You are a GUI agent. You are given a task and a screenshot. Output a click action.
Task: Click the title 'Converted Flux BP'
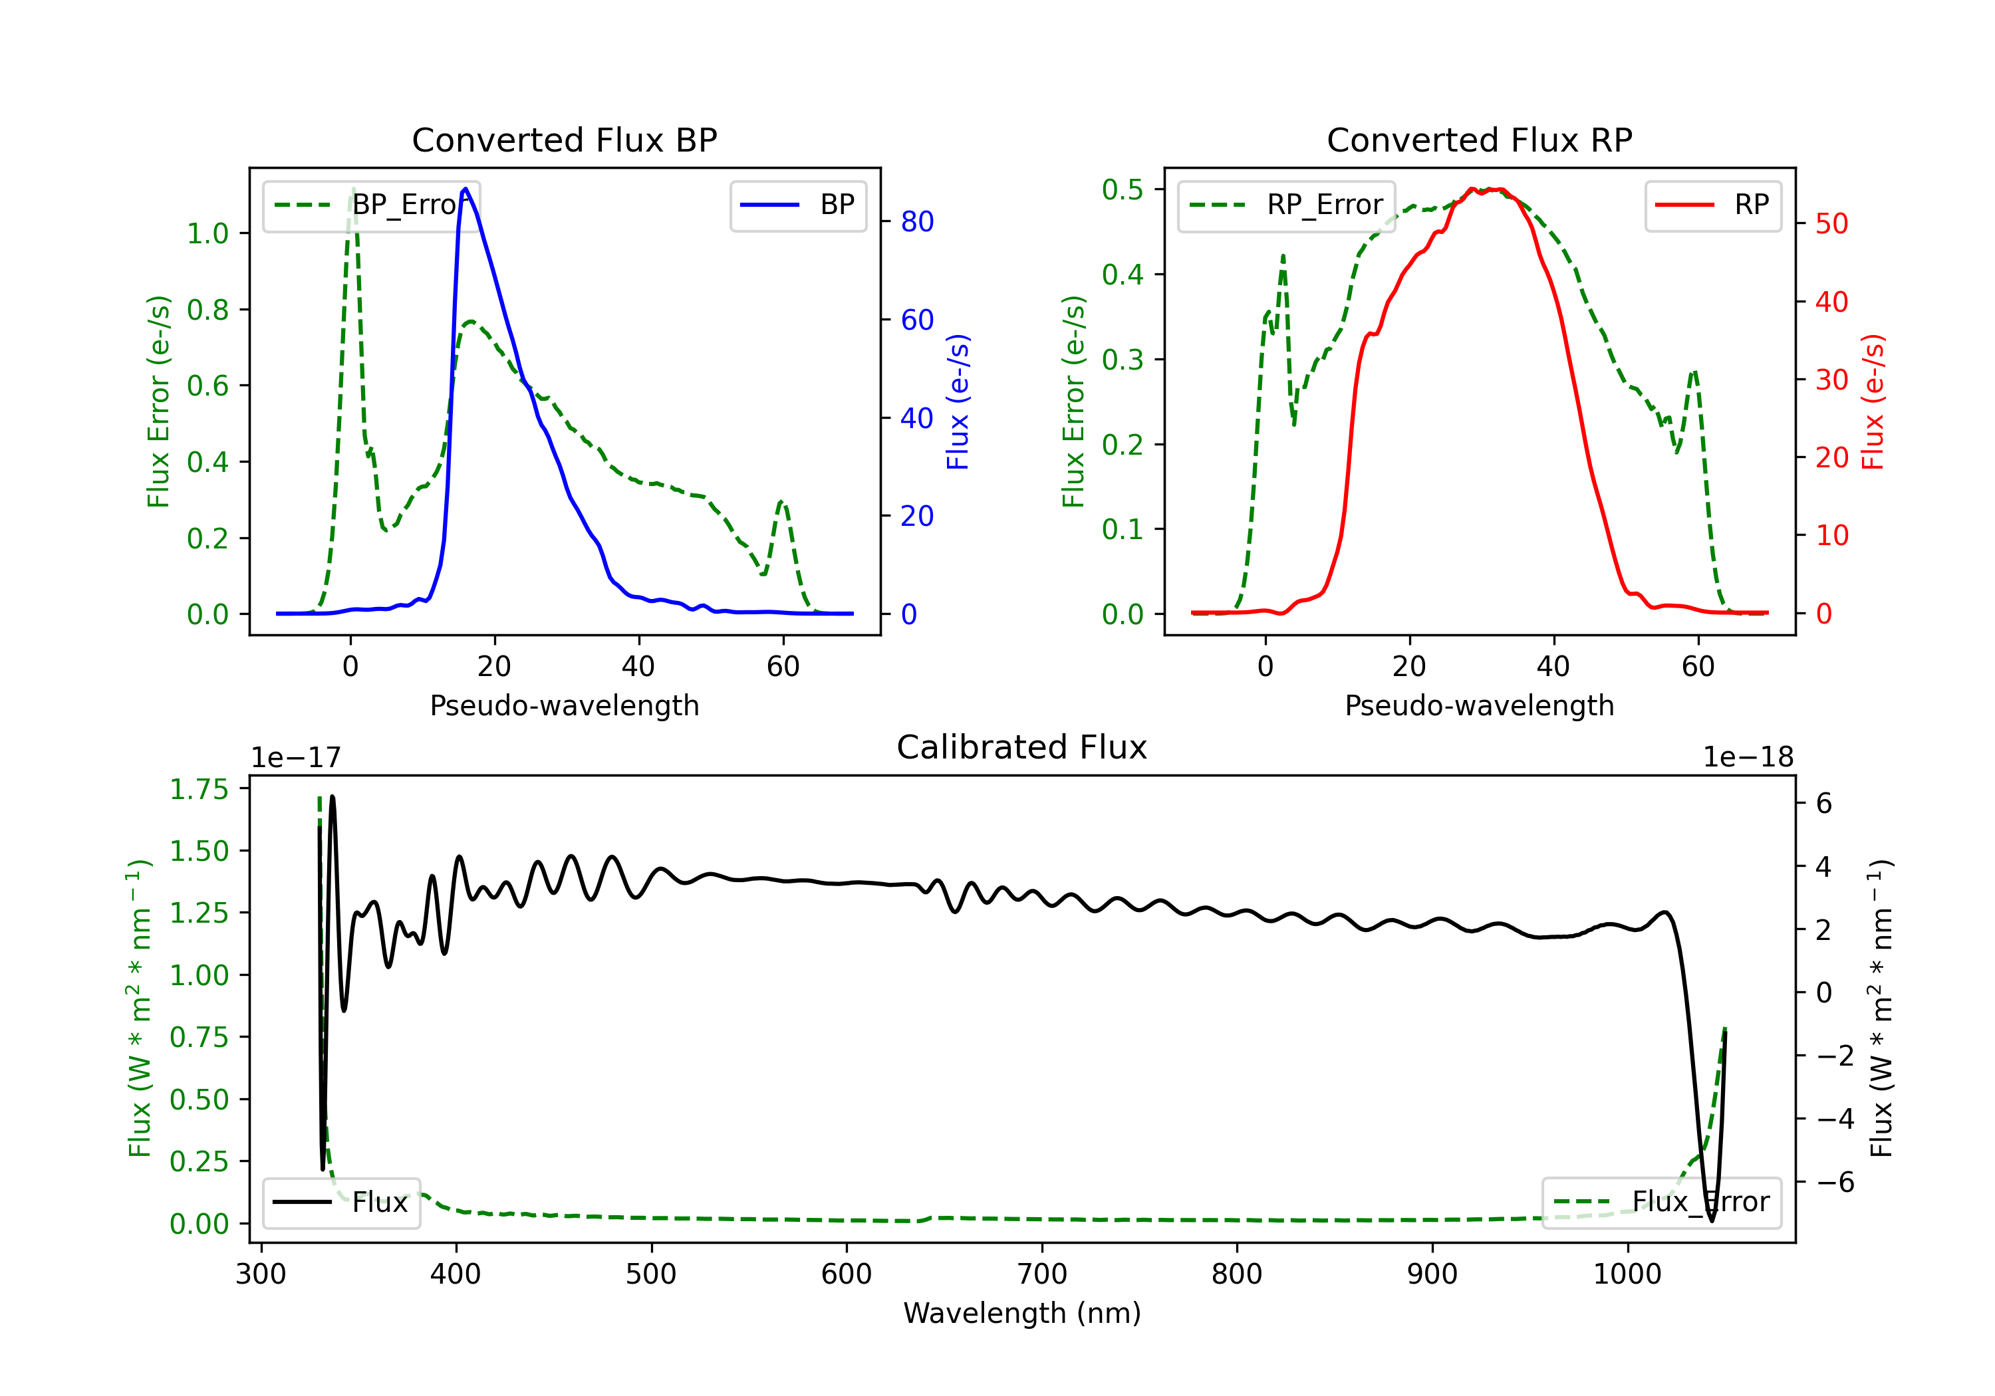pos(565,140)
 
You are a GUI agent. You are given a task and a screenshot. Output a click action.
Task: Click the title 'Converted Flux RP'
pos(1480,140)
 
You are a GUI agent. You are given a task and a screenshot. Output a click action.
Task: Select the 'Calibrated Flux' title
pos(1022,747)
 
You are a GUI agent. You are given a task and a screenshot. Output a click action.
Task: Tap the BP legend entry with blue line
pos(797,205)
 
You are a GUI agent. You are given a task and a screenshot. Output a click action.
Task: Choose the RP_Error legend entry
pos(1286,205)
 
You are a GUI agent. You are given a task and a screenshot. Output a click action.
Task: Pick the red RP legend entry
pos(1712,205)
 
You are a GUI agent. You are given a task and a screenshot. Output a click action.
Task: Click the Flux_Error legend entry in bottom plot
pos(1661,1203)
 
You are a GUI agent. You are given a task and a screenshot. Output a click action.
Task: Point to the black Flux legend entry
pos(340,1203)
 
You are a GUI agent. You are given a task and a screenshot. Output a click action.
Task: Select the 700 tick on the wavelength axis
pos(1042,1274)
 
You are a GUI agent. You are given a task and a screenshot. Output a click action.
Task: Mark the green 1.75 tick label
pos(199,789)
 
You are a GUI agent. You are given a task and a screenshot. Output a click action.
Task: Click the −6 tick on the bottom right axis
pos(1835,1183)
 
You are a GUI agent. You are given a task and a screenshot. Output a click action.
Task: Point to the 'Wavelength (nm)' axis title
pos(1022,1314)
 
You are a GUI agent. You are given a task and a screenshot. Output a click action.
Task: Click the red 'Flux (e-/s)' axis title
pos(1873,402)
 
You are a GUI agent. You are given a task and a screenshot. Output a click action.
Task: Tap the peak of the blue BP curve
pos(465,189)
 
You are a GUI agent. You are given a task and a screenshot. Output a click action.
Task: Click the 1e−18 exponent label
pos(1748,758)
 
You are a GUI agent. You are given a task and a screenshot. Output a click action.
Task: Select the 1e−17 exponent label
pos(297,758)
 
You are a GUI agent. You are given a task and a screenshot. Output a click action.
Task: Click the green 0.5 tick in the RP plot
pos(1123,189)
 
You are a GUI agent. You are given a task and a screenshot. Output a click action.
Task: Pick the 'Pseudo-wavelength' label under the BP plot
pos(565,705)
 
